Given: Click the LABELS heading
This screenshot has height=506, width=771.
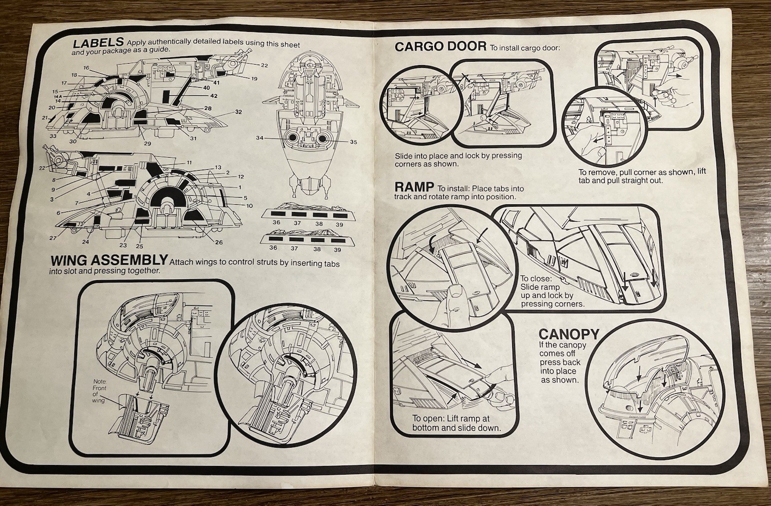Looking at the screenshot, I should coord(98,43).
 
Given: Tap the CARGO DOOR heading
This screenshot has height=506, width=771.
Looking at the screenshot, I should coord(440,47).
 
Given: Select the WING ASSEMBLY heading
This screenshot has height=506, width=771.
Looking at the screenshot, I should coord(109,261).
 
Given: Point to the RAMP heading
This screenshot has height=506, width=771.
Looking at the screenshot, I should coord(414,187).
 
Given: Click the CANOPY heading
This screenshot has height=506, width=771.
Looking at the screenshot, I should coord(569,334).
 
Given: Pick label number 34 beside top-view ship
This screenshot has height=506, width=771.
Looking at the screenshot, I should coord(260,138).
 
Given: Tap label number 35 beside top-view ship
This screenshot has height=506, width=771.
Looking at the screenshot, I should coord(353,142).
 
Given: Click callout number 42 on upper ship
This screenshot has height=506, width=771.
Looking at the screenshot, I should coord(213,96).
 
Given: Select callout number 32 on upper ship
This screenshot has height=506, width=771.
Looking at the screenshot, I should coord(238,112).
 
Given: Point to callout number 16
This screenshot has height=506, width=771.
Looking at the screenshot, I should coord(86,68).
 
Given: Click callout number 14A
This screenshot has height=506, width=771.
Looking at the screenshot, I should coord(57,96).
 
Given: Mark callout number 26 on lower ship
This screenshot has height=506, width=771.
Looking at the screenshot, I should coord(219,242).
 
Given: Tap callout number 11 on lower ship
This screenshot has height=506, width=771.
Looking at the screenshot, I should coord(189,163).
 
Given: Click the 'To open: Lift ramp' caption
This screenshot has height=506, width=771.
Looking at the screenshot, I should coord(456,423).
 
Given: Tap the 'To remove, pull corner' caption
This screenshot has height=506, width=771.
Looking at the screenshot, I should coord(641,176).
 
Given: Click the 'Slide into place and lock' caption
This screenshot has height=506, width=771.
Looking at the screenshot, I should coord(458,160).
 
